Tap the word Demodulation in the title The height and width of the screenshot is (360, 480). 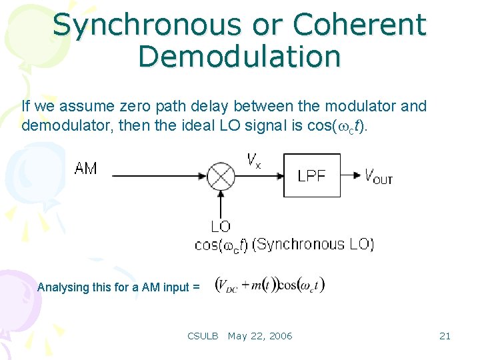(239, 57)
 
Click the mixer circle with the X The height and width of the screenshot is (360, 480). (221, 176)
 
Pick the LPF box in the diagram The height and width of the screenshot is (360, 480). (311, 175)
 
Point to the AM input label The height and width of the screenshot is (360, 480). (85, 168)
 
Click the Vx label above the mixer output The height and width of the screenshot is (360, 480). (253, 160)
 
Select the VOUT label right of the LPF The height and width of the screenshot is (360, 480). (378, 176)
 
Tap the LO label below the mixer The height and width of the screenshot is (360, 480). (221, 227)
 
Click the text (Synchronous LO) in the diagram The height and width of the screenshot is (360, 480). (313, 244)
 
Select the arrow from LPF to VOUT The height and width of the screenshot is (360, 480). (350, 176)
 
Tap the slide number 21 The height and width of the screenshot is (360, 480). (445, 336)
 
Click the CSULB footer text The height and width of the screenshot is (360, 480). (203, 336)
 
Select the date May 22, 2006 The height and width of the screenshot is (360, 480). (260, 336)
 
